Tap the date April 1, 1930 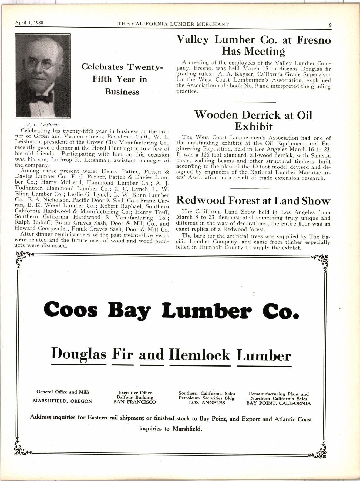point(27,23)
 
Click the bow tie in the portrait point(43,99)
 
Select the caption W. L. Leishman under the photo point(42,125)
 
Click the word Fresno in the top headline point(314,40)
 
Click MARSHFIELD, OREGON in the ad point(63,401)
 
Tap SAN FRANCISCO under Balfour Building point(135,402)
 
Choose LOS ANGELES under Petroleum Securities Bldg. point(207,402)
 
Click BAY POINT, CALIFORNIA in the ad point(278,403)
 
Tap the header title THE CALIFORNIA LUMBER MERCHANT point(173,24)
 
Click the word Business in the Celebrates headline point(122,92)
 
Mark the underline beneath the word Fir point(123,365)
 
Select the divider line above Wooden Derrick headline point(253,102)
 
